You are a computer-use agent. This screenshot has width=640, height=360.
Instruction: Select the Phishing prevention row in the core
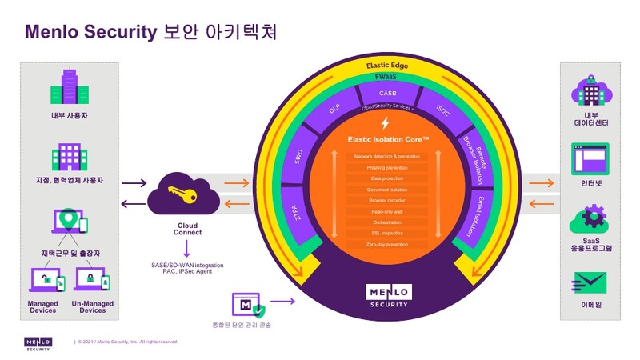(x=387, y=167)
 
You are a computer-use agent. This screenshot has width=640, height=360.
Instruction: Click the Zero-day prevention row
(x=387, y=243)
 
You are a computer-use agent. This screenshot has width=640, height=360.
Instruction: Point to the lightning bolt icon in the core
(x=387, y=124)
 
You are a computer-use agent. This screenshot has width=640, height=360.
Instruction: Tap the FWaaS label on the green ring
(x=388, y=77)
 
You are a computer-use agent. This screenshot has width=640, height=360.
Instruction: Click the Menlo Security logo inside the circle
(x=387, y=295)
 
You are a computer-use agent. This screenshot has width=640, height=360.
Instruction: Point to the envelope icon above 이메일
(x=590, y=283)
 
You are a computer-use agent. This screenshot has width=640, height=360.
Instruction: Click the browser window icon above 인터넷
(x=590, y=158)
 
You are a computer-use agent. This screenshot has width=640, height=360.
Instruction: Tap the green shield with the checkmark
(x=258, y=307)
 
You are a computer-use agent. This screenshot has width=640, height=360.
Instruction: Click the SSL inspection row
(x=387, y=232)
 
